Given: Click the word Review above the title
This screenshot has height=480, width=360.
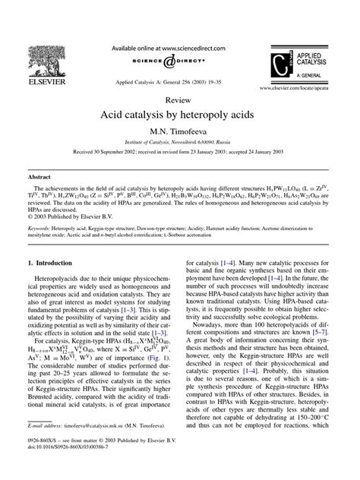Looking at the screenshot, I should (x=179, y=99).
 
